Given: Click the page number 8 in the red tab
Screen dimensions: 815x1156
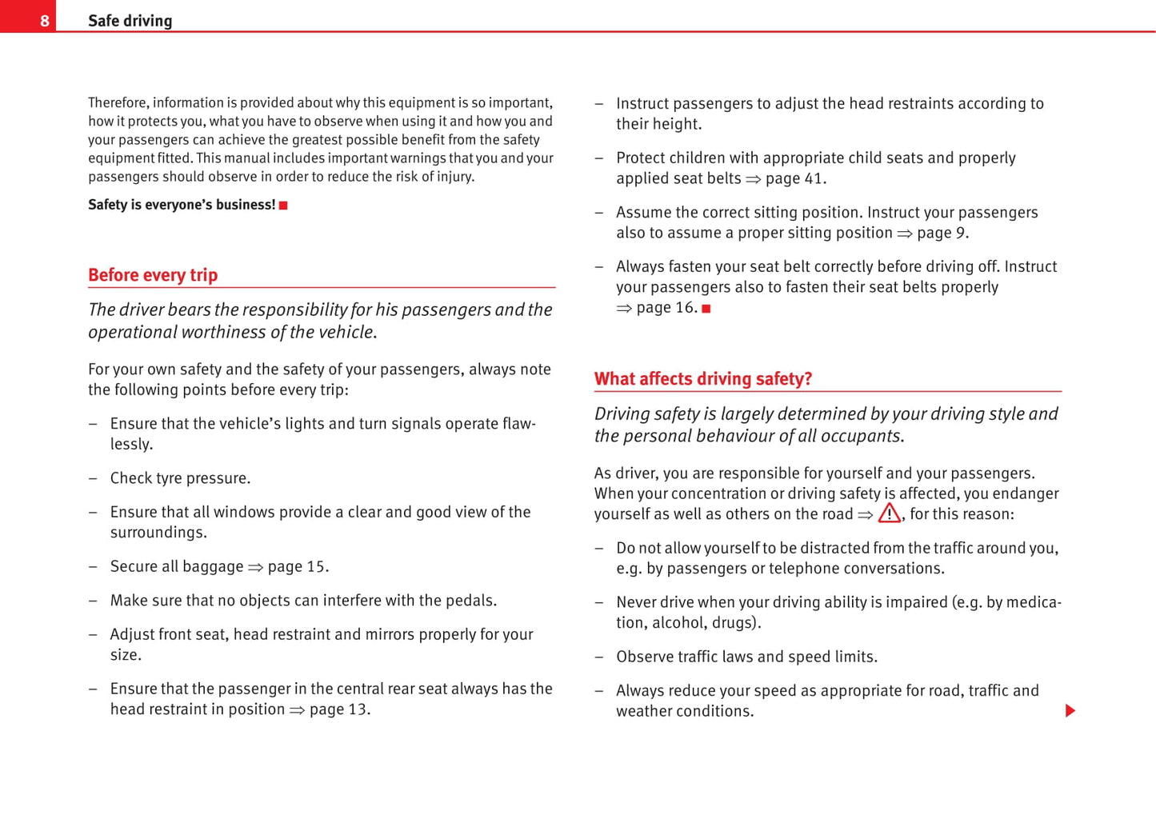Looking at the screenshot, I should pos(45,21).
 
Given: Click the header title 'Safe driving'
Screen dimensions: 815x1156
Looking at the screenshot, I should pos(130,21).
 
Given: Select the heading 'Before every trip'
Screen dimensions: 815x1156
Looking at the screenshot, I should pos(153,275).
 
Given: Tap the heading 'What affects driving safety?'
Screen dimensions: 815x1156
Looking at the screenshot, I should pos(702,379).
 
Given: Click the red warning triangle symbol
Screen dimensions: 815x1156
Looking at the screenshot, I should pos(889,513).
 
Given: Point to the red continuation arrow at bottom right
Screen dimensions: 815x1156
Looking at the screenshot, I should pos(1070,711).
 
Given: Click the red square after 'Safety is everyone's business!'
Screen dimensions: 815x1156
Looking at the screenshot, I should pos(283,206).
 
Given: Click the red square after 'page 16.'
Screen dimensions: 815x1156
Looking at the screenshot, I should pos(706,309).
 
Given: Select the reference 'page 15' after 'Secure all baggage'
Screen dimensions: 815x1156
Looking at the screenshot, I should pos(297,567).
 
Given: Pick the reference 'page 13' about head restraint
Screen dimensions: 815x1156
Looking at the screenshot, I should pos(338,709).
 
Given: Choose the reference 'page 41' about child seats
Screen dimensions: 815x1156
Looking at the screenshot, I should pos(794,178).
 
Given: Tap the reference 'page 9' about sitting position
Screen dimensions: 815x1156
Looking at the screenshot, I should pos(942,233).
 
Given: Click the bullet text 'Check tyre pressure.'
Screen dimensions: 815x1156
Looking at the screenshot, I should pos(180,478).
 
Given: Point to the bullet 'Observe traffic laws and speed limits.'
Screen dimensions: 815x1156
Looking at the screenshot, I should pos(746,657).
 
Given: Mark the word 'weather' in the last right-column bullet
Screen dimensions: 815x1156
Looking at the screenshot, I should pos(645,711).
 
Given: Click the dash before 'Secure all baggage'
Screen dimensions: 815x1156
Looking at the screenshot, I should pos(94,567).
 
